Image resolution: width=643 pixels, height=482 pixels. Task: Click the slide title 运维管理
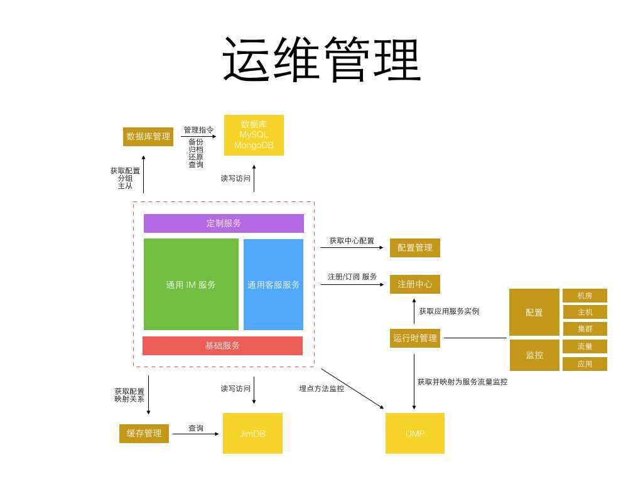pos(321,60)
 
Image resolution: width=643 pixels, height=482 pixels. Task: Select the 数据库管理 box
pos(148,136)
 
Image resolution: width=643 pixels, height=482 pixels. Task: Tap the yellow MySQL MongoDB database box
pos(254,135)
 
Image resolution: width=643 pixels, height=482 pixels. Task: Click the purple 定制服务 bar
pos(224,223)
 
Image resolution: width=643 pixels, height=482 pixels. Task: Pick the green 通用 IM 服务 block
pos(191,284)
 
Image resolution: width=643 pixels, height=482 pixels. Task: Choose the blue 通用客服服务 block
pos(273,284)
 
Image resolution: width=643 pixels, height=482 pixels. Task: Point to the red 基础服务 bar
pos(222,345)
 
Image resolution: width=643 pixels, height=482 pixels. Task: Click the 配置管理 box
pos(415,247)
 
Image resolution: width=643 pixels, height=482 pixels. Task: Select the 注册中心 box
pos(415,284)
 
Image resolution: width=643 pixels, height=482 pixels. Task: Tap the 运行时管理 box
pos(415,338)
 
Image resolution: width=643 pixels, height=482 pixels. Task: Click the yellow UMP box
pos(415,433)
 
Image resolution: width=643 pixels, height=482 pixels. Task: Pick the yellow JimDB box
pos(252,433)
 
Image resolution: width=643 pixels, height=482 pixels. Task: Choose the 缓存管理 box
pos(144,433)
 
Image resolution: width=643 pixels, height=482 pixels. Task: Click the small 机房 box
pos(585,296)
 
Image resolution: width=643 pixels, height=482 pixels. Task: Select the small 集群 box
pos(585,328)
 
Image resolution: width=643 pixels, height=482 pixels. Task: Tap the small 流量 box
pos(585,346)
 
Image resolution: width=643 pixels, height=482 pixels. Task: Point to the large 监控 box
pos(534,355)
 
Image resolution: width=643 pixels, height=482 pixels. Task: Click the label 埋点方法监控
pos(321,388)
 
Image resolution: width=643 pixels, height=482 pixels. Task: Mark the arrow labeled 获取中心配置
pos(352,247)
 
